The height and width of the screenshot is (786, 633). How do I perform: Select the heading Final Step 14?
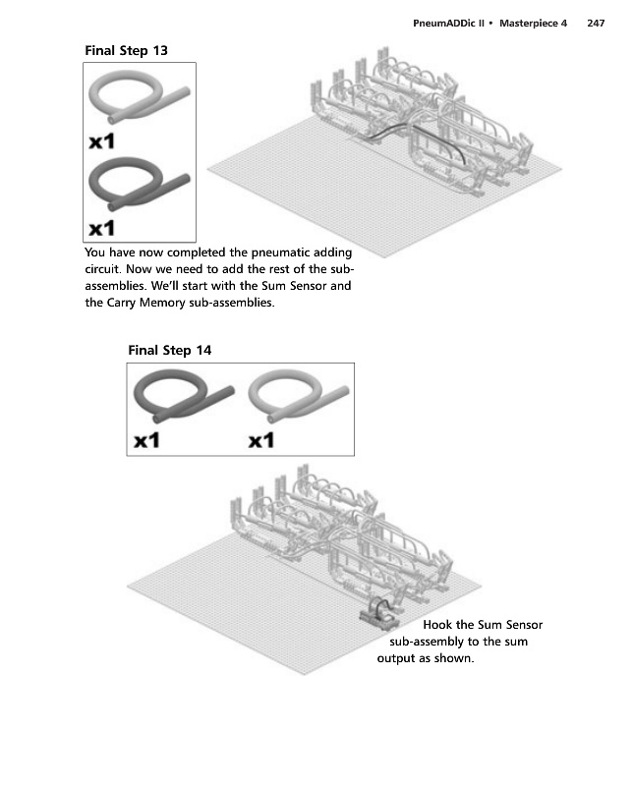(x=170, y=350)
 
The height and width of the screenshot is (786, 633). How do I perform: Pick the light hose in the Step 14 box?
(x=295, y=396)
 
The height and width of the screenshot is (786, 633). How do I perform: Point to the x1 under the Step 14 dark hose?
(x=147, y=440)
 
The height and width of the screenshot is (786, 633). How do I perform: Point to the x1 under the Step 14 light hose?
(x=261, y=440)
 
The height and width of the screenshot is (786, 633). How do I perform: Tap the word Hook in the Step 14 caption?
(x=437, y=625)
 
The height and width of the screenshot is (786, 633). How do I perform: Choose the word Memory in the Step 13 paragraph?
(x=161, y=304)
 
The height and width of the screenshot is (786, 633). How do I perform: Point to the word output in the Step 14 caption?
(x=398, y=659)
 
